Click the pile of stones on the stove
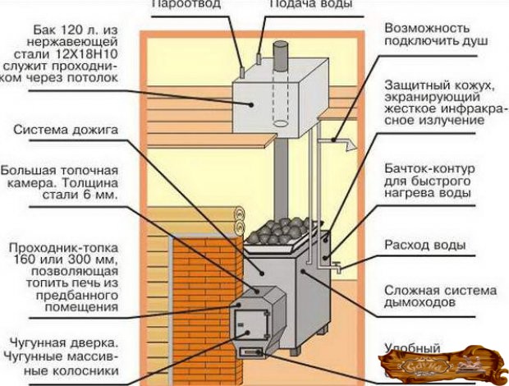[x=283, y=229]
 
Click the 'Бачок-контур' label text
[x=426, y=168]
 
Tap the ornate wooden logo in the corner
[x=444, y=362]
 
